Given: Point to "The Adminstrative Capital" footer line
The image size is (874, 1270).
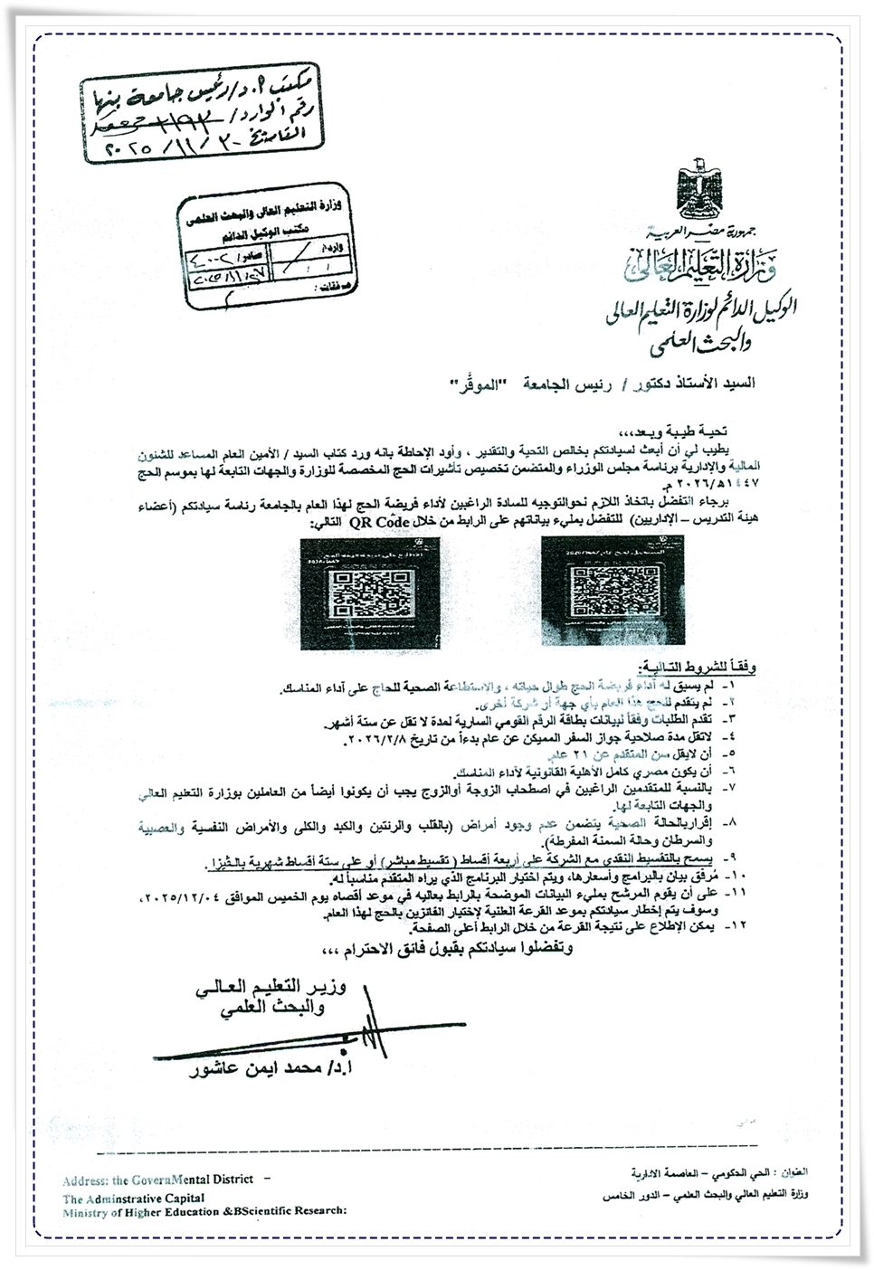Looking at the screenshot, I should click(133, 1197).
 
